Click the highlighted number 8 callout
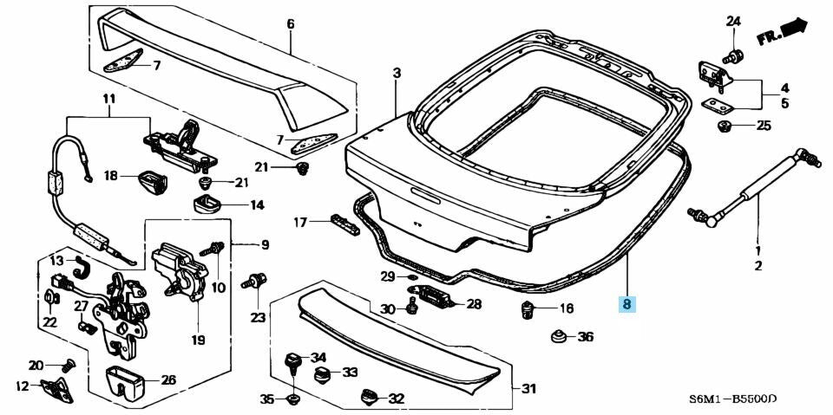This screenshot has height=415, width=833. click(x=626, y=303)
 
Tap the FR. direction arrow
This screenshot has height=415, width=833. click(x=782, y=31)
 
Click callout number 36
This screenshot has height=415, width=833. click(x=586, y=336)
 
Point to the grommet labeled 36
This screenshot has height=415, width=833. click(x=558, y=336)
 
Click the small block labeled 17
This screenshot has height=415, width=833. click(x=345, y=224)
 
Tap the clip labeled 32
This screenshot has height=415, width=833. click(x=369, y=397)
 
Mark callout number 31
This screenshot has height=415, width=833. click(x=528, y=389)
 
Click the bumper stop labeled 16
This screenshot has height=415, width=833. click(x=527, y=310)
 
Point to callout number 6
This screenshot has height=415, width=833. click(x=290, y=23)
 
